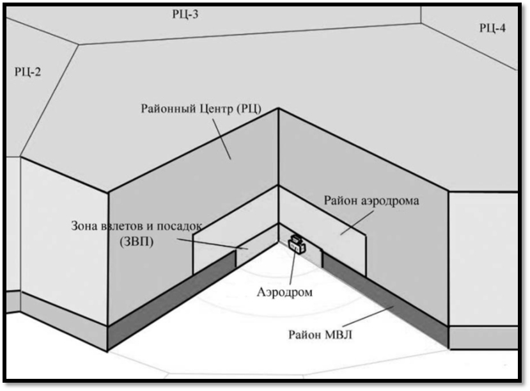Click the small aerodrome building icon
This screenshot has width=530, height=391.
(296, 243)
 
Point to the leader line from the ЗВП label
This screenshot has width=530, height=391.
(211, 243)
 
